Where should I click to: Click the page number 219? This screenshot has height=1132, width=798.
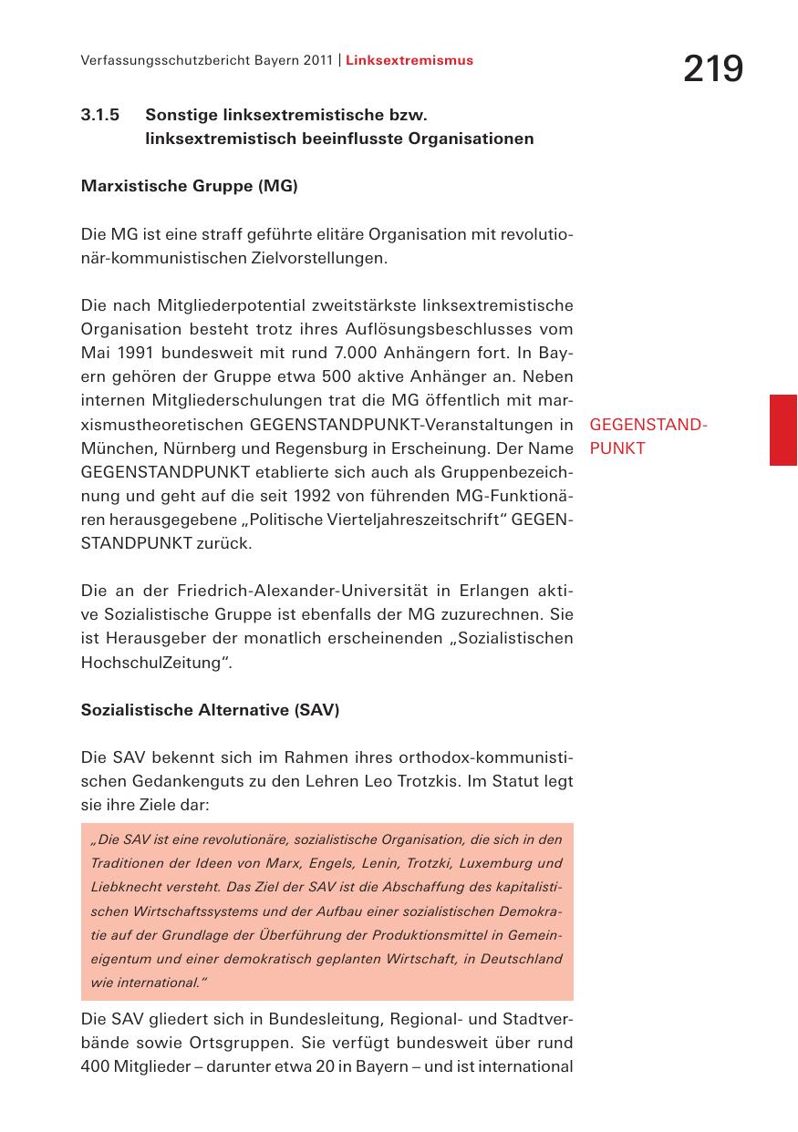(x=713, y=69)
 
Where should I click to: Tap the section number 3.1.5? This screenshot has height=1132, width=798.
(x=100, y=116)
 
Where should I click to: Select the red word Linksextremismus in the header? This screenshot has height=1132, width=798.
(x=409, y=61)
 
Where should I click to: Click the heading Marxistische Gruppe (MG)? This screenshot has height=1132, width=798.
(x=190, y=187)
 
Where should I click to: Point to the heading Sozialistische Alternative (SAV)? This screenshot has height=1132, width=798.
(x=210, y=710)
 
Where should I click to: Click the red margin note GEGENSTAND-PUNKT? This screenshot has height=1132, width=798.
(x=648, y=437)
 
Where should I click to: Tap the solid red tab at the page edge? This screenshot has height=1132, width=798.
(x=782, y=430)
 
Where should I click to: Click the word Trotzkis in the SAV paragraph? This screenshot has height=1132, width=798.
(x=428, y=781)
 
